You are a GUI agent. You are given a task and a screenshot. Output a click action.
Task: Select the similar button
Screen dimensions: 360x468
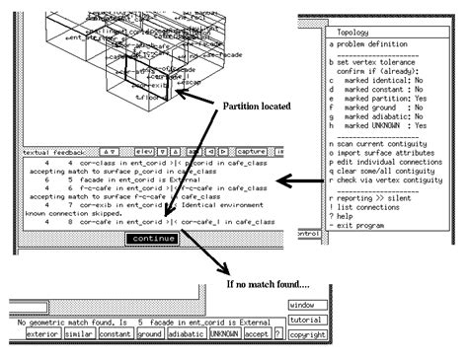(x=81, y=333)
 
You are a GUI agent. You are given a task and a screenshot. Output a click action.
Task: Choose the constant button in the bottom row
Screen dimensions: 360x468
(x=117, y=333)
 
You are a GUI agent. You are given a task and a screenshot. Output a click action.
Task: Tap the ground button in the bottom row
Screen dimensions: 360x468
(x=151, y=333)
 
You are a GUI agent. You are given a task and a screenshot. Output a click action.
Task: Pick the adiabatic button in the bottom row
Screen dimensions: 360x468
(x=187, y=333)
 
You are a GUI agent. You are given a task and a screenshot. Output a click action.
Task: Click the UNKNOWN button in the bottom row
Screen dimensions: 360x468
(x=225, y=333)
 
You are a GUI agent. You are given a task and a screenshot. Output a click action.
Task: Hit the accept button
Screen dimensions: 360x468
(x=259, y=333)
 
